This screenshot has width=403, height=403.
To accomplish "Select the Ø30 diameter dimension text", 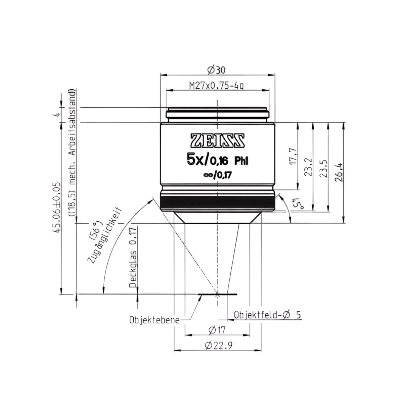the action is pyautogui.click(x=217, y=70).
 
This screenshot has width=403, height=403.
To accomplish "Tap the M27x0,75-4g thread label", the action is pyautogui.click(x=217, y=86).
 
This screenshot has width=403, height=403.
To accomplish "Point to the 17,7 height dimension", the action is pyautogui.click(x=293, y=156).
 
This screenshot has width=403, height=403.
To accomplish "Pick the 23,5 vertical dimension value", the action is pyautogui.click(x=323, y=169).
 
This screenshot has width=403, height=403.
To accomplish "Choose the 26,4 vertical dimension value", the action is pyautogui.click(x=339, y=172).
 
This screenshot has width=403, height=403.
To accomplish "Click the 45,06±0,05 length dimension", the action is pyautogui.click(x=57, y=207).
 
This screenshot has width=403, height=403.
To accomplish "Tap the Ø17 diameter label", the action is pyautogui.click(x=217, y=330).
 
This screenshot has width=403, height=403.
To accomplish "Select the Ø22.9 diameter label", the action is pyautogui.click(x=219, y=345).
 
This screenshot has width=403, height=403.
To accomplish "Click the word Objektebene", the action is pyautogui.click(x=154, y=320).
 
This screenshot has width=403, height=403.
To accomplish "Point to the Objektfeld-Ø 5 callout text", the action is pyautogui.click(x=267, y=315).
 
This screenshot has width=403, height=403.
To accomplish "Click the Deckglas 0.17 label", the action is pyautogui.click(x=133, y=258).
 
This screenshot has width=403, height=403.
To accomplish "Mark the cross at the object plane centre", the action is pyautogui.click(x=218, y=295).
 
